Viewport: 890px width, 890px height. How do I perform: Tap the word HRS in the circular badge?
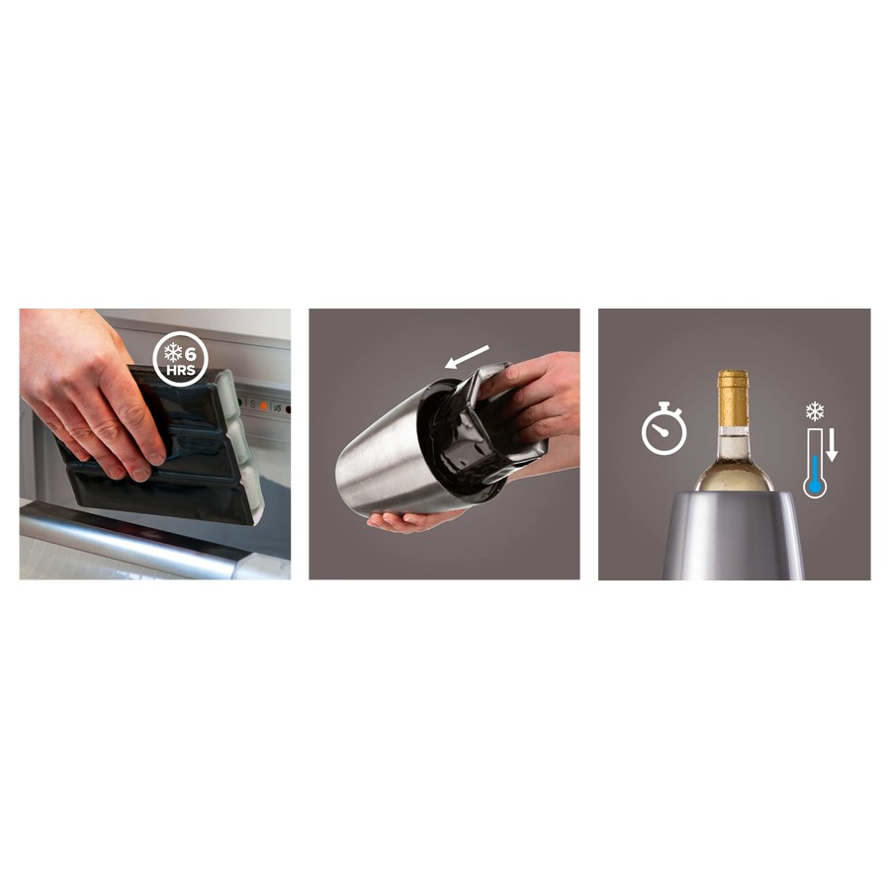pyautogui.click(x=181, y=371)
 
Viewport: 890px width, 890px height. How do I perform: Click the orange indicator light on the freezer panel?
pyautogui.click(x=263, y=405)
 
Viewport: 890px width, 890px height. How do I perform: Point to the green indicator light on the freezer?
pyautogui.click(x=238, y=402)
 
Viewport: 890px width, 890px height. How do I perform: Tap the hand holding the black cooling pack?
pyautogui.click(x=84, y=386)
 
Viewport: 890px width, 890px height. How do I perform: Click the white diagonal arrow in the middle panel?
pyautogui.click(x=467, y=357)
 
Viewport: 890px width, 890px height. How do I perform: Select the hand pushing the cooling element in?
pyautogui.click(x=539, y=396)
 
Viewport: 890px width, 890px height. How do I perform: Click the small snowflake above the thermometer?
pyautogui.click(x=815, y=410)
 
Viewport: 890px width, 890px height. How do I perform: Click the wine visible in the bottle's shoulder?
pyautogui.click(x=733, y=475)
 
